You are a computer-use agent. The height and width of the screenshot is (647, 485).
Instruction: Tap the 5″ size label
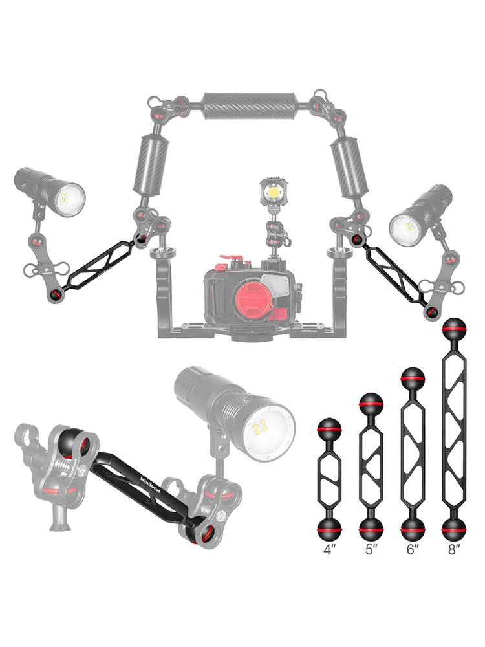coord(371,550)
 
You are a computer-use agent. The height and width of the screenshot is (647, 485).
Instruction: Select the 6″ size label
coord(412,550)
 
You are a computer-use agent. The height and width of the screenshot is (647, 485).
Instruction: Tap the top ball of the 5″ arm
coord(371,404)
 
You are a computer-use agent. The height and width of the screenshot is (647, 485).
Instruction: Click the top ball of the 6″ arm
coord(412,377)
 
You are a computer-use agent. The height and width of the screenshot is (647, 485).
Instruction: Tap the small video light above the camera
coord(274,192)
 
